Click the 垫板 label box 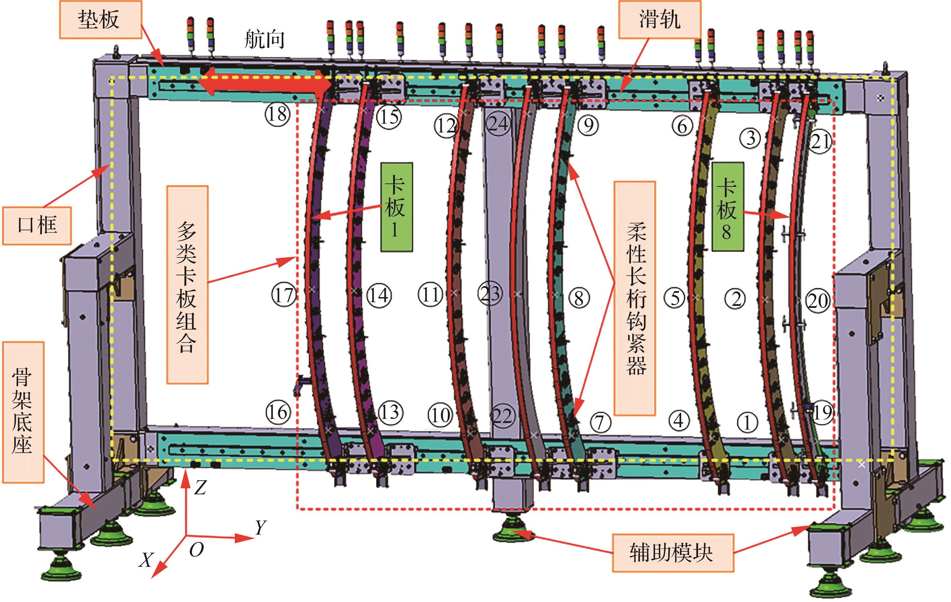100,20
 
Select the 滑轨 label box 659,20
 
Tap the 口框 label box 37,225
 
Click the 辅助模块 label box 673,553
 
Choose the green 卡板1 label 396,207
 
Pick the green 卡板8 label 728,207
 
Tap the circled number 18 278,114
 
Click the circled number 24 497,124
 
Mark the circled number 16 278,413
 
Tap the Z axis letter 200,488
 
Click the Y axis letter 261,528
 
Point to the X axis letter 147,560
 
